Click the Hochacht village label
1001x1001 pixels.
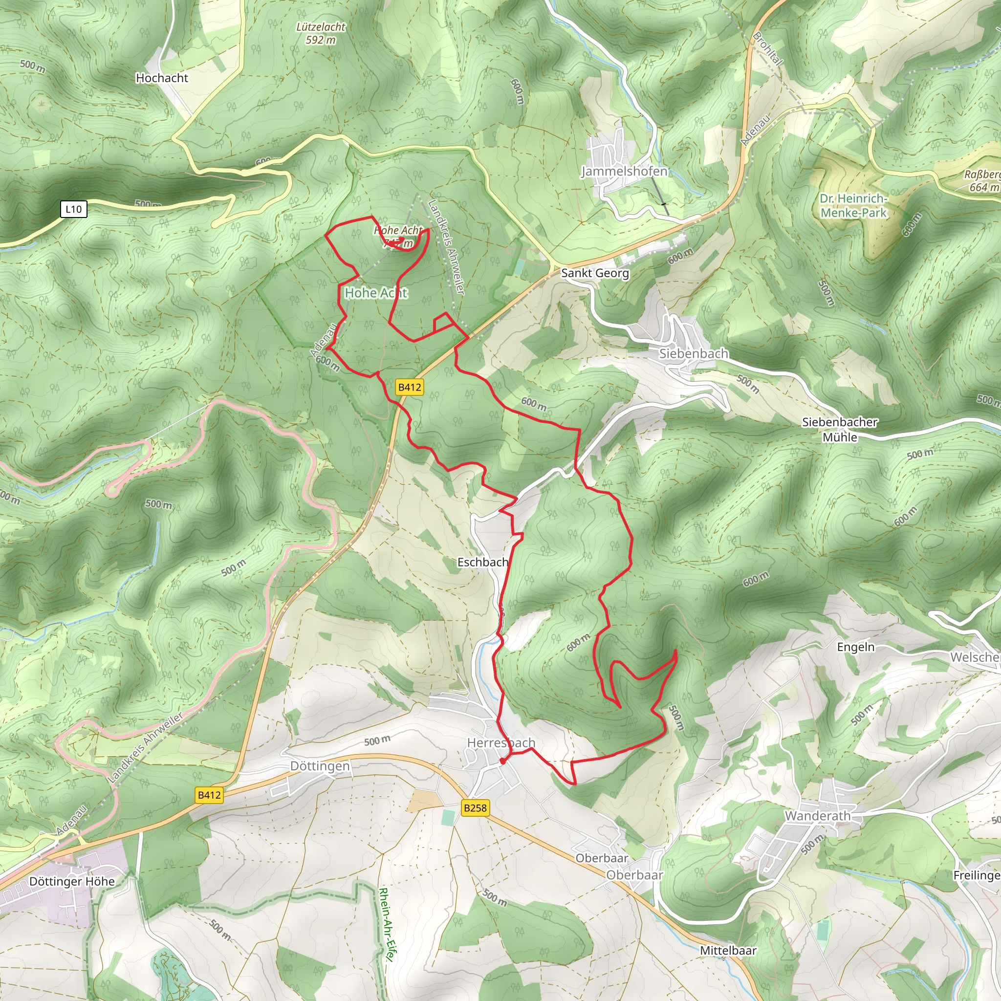coord(162,78)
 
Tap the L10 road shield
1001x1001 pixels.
coord(74,209)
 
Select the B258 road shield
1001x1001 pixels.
coord(475,807)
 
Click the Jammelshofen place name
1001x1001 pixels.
coord(624,171)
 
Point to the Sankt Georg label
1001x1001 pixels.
coord(595,273)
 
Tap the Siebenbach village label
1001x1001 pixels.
coord(693,353)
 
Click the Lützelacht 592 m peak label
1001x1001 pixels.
coord(320,33)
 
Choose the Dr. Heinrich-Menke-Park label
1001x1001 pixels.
coord(853,206)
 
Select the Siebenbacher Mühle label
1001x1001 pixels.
coord(839,430)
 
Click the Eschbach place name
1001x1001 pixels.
coord(482,562)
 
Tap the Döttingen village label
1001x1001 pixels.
coord(320,766)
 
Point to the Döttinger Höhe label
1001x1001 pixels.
coord(72,881)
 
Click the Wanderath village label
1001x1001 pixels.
coord(817,816)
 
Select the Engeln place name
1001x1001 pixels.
coord(855,647)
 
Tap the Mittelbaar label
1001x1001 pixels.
coord(728,951)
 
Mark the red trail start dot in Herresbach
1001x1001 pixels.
coord(502,761)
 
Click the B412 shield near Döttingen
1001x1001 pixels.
coord(209,795)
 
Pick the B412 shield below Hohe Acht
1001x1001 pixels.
coord(409,387)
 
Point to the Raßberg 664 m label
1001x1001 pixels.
coord(982,181)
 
